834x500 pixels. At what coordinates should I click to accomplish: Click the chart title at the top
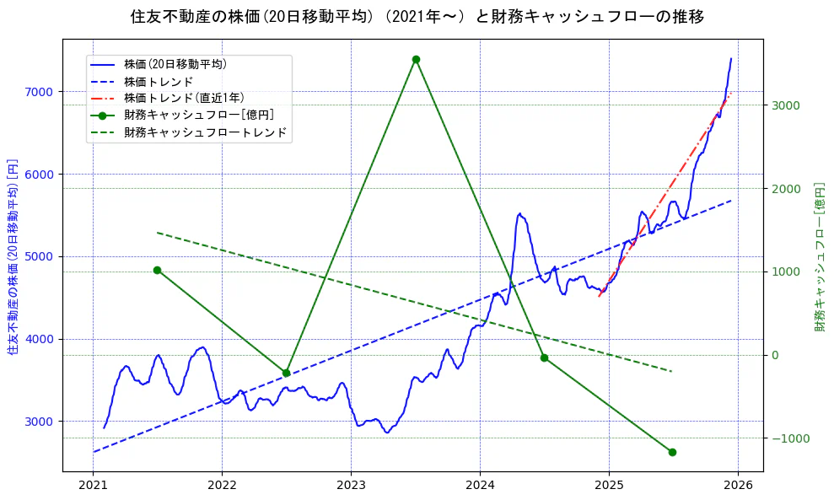[x=417, y=16]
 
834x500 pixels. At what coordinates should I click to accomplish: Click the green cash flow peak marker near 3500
[x=416, y=59]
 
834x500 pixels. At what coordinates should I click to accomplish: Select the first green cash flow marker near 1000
[x=157, y=270]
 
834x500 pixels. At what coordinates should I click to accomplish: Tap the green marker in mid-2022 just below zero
[x=286, y=373]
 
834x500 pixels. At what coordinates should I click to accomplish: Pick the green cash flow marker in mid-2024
[x=544, y=358]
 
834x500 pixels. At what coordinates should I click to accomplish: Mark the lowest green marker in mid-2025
[x=672, y=452]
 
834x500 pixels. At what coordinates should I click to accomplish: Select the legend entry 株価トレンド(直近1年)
[x=184, y=98]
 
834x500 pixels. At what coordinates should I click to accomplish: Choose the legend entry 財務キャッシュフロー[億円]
[x=198, y=116]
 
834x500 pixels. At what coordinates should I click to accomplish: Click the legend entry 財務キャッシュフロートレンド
[x=205, y=132]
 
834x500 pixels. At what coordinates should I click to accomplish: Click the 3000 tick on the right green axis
[x=783, y=105]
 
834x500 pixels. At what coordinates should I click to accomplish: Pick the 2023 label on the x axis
[x=351, y=486]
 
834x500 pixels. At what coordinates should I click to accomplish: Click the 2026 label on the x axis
[x=738, y=486]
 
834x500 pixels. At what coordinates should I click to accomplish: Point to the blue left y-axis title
[x=13, y=256]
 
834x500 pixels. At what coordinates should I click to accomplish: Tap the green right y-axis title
[x=819, y=256]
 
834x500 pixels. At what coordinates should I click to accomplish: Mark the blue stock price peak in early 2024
[x=519, y=214]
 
